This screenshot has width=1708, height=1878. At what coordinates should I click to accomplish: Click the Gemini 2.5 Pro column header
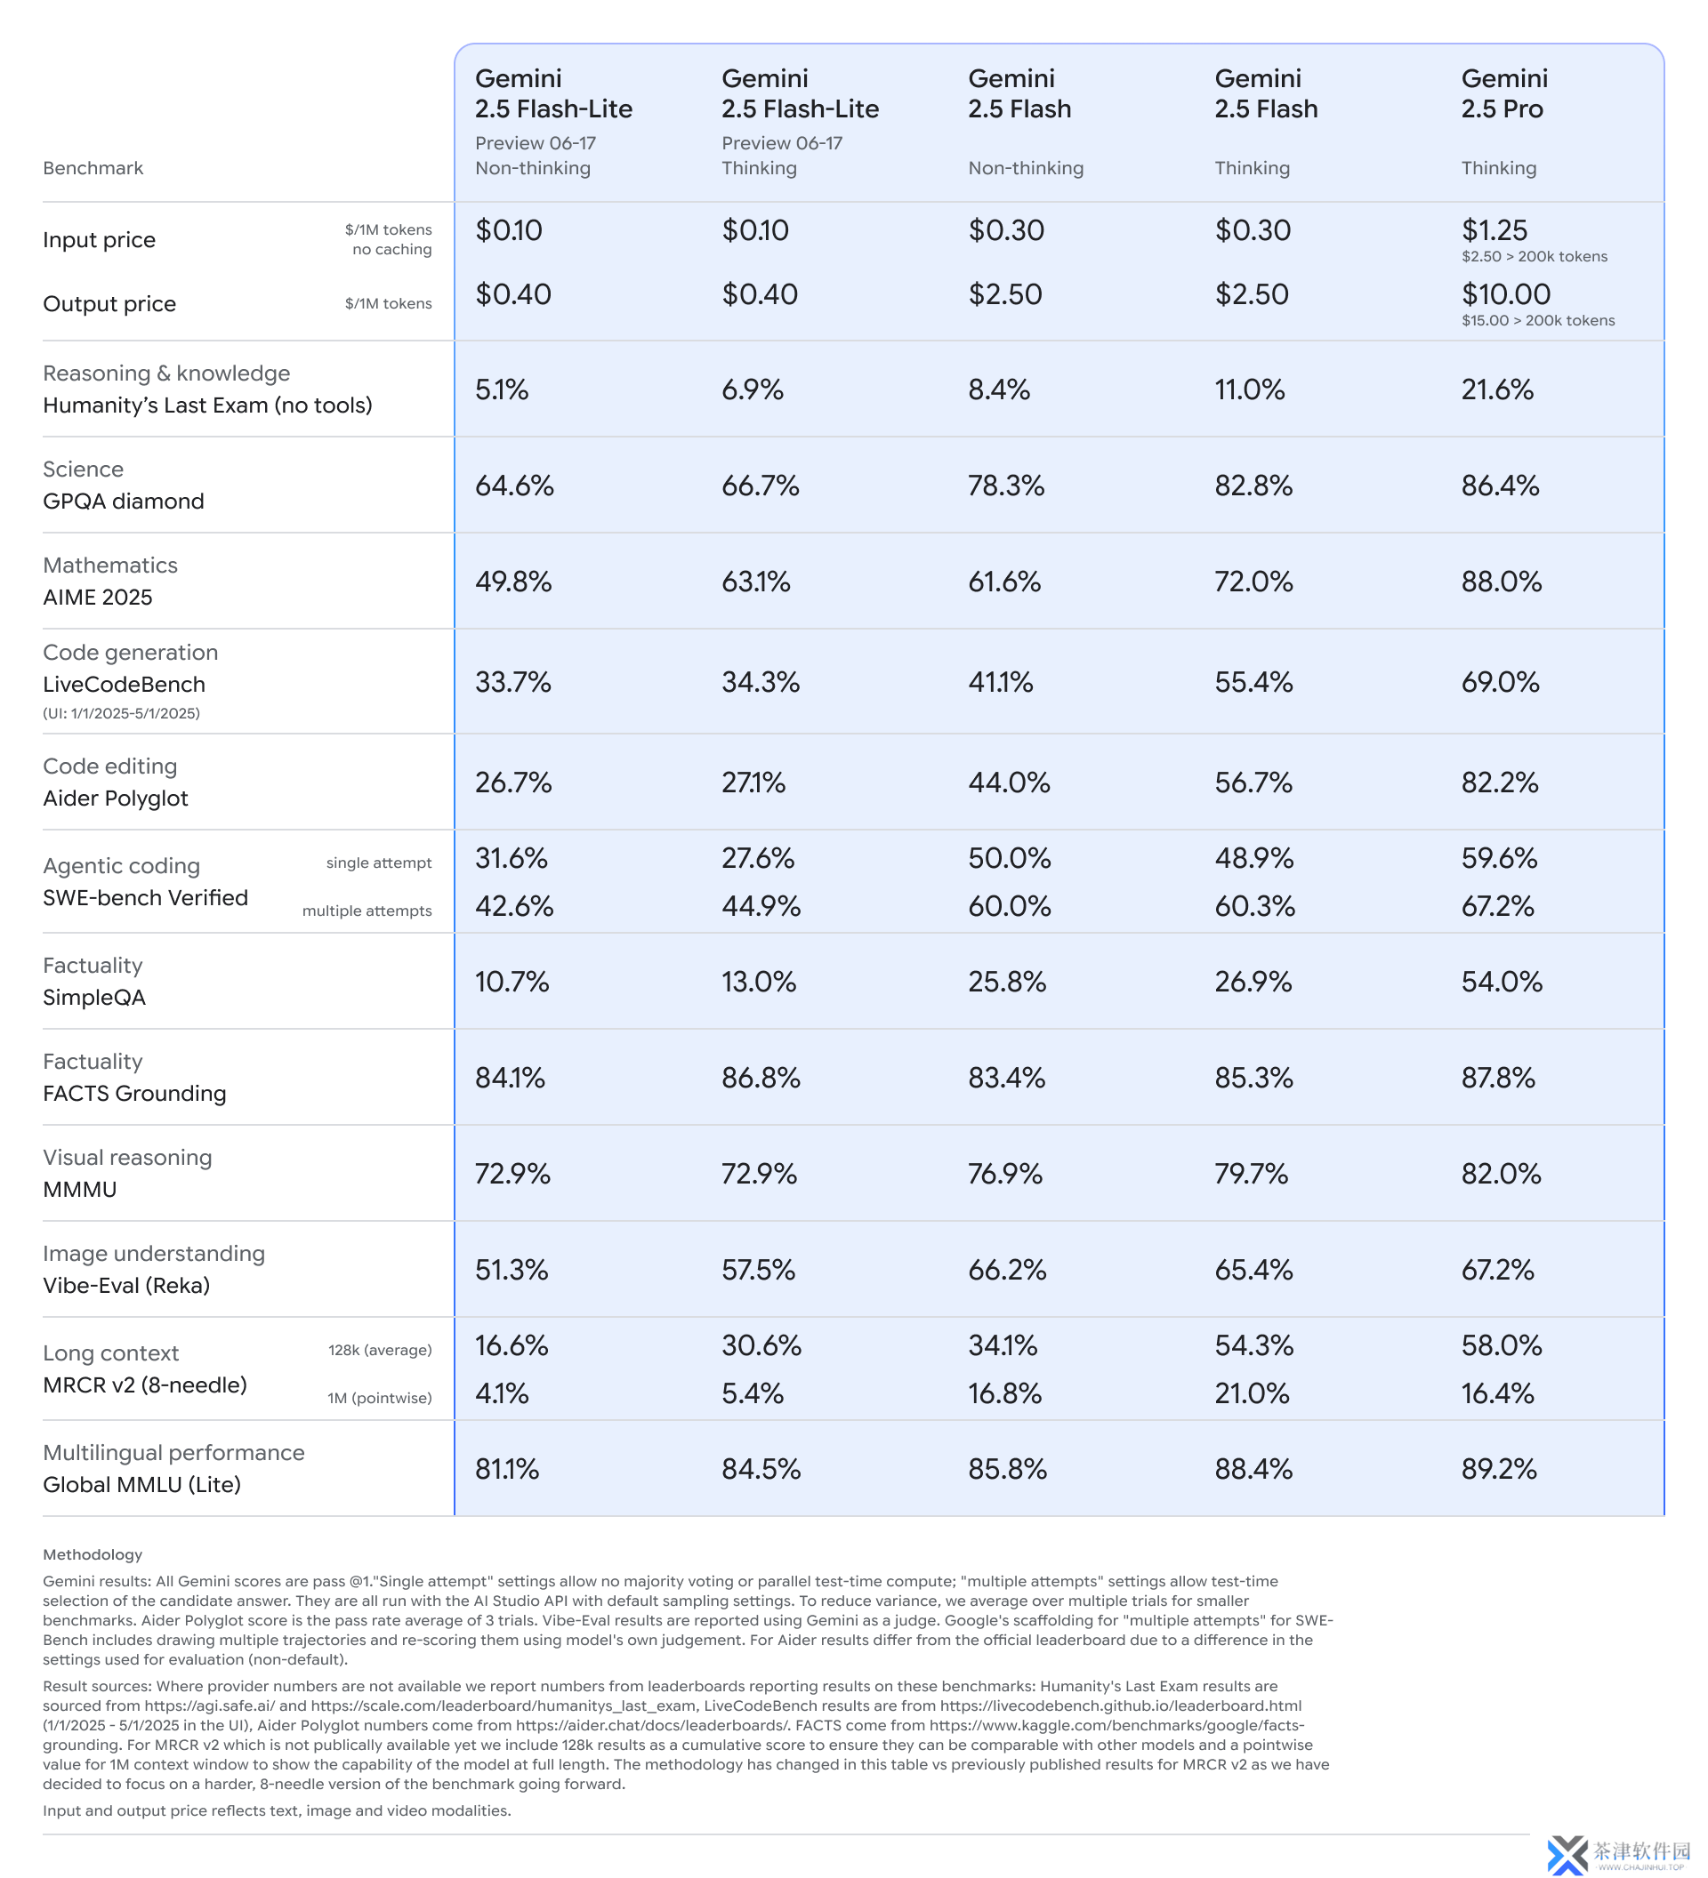(x=1503, y=93)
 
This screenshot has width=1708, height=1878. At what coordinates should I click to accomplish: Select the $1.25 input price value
(x=1494, y=230)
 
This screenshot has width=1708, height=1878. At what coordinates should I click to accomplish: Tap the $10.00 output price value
(x=1505, y=294)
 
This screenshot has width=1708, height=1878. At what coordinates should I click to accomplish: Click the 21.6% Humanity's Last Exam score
(x=1496, y=389)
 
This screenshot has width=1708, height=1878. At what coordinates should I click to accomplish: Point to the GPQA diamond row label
(x=123, y=502)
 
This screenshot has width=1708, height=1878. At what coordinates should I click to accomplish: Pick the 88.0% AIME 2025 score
(x=1500, y=582)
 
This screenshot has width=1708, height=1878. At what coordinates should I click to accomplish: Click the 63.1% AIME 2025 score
(x=755, y=582)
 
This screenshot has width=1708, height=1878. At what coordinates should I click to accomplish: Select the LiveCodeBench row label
(x=124, y=685)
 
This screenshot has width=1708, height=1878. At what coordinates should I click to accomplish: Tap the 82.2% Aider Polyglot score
(x=1499, y=782)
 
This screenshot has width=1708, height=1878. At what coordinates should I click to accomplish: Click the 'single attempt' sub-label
(x=378, y=863)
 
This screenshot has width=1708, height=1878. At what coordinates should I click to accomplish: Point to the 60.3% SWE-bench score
(x=1254, y=905)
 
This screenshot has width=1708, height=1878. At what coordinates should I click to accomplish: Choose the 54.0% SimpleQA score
(x=1501, y=982)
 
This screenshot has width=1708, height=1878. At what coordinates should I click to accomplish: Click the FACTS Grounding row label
(x=134, y=1094)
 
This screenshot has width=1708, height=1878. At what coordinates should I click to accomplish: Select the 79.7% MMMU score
(x=1252, y=1174)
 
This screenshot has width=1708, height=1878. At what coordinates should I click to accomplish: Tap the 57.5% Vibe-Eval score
(x=759, y=1270)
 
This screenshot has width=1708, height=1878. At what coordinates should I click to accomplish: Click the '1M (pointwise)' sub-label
(x=379, y=1397)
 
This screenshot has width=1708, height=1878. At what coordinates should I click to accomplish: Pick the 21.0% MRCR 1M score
(x=1252, y=1393)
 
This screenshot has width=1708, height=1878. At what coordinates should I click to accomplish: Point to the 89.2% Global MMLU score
(x=1498, y=1469)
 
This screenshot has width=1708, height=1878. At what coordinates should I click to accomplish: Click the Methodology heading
(x=93, y=1554)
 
